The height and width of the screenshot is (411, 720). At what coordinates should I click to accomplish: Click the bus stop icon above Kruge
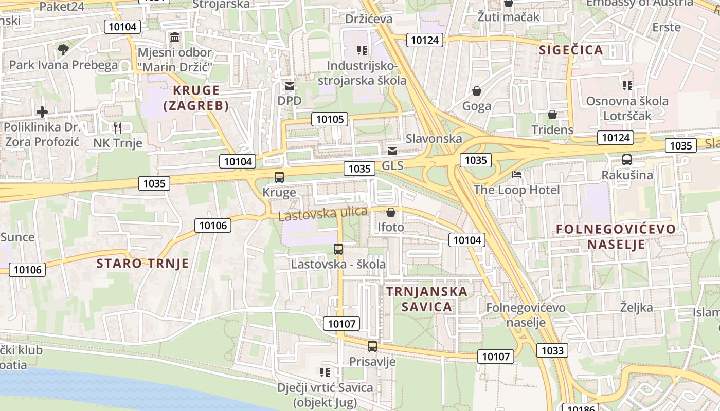(x=279, y=177)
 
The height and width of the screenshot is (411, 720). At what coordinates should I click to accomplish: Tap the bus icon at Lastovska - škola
(x=338, y=249)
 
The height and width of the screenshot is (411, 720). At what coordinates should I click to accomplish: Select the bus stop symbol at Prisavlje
(x=372, y=346)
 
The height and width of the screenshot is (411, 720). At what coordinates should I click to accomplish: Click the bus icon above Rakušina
(x=627, y=160)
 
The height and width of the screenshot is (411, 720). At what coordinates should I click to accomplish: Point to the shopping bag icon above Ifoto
(x=391, y=212)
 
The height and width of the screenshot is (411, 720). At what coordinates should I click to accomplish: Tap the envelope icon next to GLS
(x=392, y=151)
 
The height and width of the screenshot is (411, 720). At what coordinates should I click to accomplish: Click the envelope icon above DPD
(x=290, y=86)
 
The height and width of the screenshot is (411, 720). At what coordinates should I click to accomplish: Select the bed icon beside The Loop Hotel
(x=517, y=175)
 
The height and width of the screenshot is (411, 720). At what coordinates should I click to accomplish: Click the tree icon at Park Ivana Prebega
(x=63, y=50)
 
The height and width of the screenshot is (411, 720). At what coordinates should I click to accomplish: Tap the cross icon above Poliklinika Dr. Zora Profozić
(x=42, y=111)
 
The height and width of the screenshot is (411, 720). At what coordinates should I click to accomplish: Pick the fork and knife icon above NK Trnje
(x=118, y=127)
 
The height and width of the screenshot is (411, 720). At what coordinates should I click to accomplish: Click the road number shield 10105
(x=330, y=119)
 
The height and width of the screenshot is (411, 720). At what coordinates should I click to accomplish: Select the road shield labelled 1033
(x=553, y=350)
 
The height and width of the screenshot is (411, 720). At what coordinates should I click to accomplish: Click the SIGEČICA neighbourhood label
(x=570, y=50)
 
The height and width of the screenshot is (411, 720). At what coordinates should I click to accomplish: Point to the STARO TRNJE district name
(x=142, y=264)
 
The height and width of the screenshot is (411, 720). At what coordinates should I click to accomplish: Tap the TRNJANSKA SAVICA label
(x=427, y=299)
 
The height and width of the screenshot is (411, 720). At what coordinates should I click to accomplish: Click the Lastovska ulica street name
(x=323, y=213)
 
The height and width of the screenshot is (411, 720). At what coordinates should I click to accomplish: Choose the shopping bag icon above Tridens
(x=552, y=114)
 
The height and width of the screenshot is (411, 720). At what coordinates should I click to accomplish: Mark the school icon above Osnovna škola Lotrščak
(x=627, y=85)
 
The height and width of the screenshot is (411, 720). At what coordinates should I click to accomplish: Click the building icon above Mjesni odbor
(x=175, y=38)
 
